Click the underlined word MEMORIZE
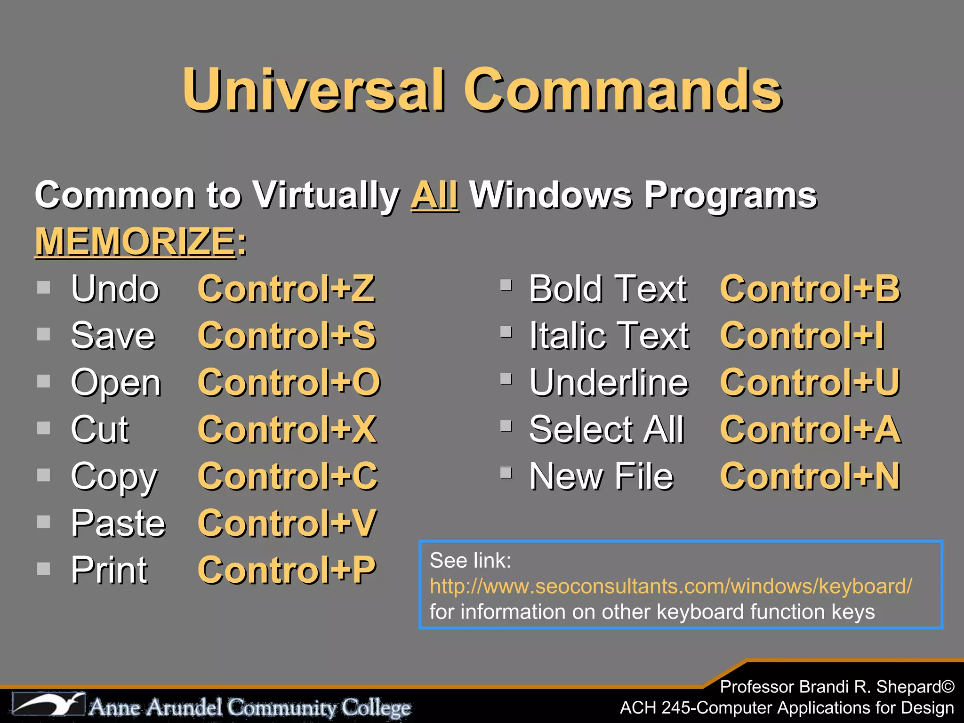pyautogui.click(x=135, y=241)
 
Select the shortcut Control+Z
pyautogui.click(x=286, y=289)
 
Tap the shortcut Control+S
pyautogui.click(x=287, y=336)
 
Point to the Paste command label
pyautogui.click(x=118, y=523)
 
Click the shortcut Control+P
pyautogui.click(x=287, y=570)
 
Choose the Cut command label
pyautogui.click(x=100, y=429)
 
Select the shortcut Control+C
pyautogui.click(x=288, y=476)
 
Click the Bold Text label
pyautogui.click(x=608, y=289)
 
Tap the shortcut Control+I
pyautogui.click(x=802, y=336)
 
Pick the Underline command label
pyautogui.click(x=609, y=382)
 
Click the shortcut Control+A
pyautogui.click(x=810, y=429)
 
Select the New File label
pyautogui.click(x=602, y=476)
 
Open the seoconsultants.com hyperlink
pyautogui.click(x=671, y=586)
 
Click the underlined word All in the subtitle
pyautogui.click(x=434, y=195)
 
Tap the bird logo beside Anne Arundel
pyautogui.click(x=49, y=705)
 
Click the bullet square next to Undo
pyautogui.click(x=44, y=287)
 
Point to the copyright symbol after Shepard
pyautogui.click(x=948, y=687)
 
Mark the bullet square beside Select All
pyautogui.click(x=506, y=426)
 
